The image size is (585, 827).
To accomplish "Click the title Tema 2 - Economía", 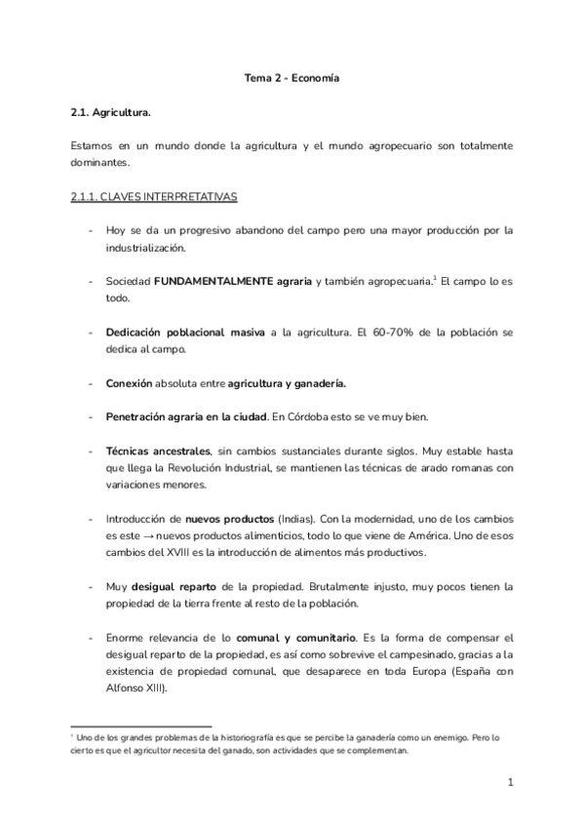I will coord(292,77).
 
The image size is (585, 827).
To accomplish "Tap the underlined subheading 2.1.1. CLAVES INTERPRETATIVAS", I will coord(155,196).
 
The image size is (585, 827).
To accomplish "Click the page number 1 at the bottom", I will coord(510,782).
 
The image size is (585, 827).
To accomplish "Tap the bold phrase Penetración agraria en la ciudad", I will coord(185,417).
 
